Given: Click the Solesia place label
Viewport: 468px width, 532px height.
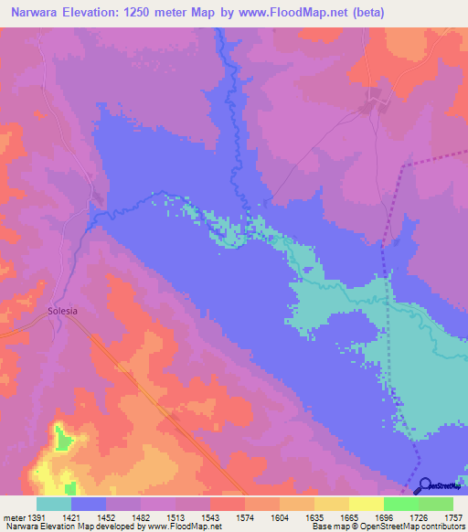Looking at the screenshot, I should [x=62, y=311].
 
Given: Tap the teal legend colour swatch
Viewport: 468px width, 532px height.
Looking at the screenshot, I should [x=54, y=504].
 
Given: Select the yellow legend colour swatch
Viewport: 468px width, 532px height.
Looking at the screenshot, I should [x=366, y=504].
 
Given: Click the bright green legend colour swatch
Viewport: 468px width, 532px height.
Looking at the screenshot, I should [x=400, y=504].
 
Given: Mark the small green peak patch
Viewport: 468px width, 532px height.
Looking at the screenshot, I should [x=61, y=440].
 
